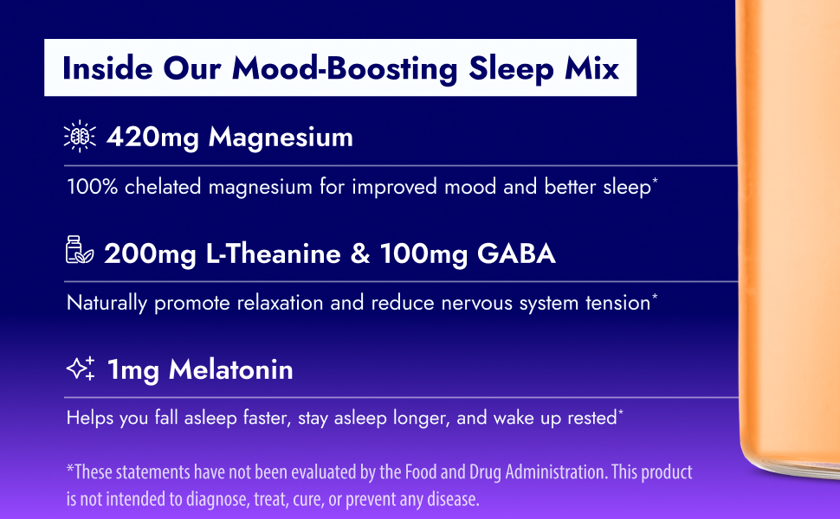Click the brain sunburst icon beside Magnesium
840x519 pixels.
pyautogui.click(x=81, y=137)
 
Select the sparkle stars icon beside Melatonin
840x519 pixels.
pyautogui.click(x=81, y=369)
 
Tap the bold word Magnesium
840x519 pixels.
pyautogui.click(x=281, y=137)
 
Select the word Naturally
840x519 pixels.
pyautogui.click(x=107, y=303)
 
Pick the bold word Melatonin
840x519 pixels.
pyautogui.click(x=231, y=370)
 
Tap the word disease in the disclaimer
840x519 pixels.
pyautogui.click(x=450, y=499)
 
